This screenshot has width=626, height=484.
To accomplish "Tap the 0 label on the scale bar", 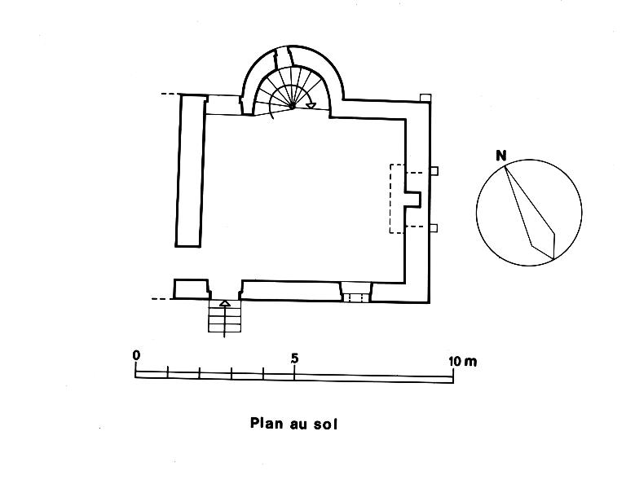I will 136,355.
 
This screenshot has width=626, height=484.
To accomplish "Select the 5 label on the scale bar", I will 294,358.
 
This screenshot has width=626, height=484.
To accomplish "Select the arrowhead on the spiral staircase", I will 311,103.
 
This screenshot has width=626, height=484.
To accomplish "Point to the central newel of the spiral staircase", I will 292,107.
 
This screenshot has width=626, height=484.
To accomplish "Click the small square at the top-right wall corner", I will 425,98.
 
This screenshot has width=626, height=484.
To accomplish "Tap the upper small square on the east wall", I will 434,171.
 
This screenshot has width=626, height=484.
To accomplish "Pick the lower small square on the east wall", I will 434,227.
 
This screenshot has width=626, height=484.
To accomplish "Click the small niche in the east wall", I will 413,198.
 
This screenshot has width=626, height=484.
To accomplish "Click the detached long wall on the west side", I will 189,169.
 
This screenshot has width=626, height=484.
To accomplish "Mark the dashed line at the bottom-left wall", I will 162,299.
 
